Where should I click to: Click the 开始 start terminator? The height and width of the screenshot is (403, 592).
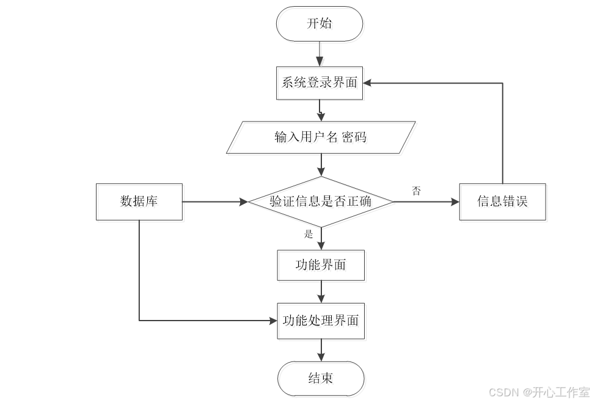(x=320, y=24)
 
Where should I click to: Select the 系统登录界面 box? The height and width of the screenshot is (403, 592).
(x=320, y=82)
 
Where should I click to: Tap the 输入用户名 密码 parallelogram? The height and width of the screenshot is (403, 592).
(x=321, y=137)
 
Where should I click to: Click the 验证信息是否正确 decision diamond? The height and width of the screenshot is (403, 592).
(x=321, y=201)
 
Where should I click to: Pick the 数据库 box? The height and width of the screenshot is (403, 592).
(x=139, y=201)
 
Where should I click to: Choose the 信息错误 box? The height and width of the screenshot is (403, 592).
(x=502, y=201)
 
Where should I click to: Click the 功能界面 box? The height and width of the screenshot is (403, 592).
(x=321, y=265)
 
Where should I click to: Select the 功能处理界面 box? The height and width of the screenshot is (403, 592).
(x=321, y=321)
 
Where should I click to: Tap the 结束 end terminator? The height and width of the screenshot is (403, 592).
(x=321, y=378)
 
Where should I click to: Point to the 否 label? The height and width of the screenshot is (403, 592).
(x=416, y=191)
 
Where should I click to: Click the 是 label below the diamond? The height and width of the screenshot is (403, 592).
(x=309, y=234)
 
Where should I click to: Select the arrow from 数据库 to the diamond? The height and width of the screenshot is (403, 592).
(x=214, y=201)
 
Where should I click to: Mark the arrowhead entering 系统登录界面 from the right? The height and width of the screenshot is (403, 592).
(x=368, y=83)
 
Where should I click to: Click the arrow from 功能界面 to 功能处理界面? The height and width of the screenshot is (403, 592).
(x=321, y=291)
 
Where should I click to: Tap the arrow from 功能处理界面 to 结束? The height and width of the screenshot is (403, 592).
(x=321, y=349)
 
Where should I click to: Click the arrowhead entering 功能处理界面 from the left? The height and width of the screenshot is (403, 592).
(x=272, y=320)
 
